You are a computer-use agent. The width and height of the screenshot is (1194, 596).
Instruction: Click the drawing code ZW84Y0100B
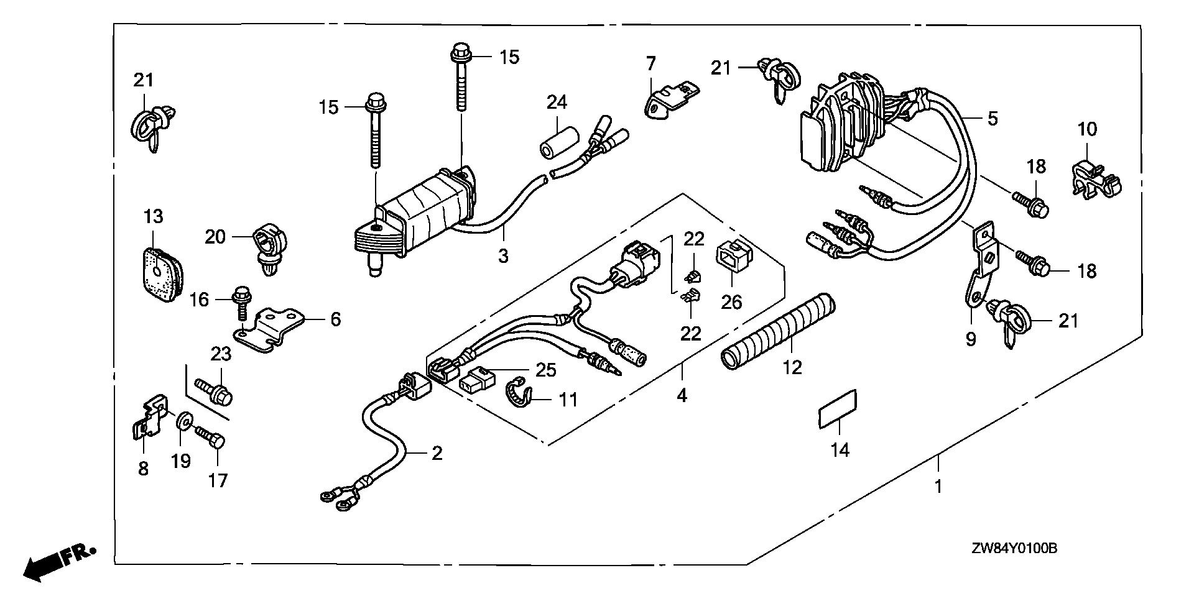pos(1014,549)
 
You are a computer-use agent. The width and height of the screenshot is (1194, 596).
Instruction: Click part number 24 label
pos(557,102)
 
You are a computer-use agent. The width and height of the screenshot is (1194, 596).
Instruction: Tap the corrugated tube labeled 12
pos(777,329)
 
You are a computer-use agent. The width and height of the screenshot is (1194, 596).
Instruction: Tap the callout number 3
pos(503,255)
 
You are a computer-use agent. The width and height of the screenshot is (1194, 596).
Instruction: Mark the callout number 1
pos(938,485)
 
